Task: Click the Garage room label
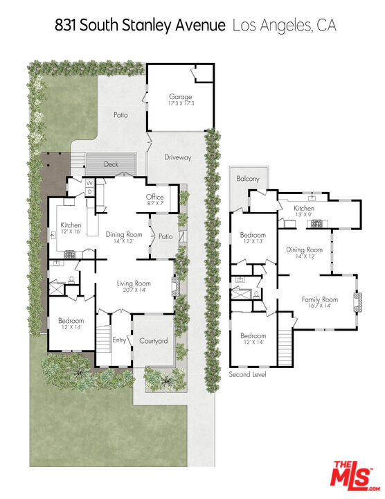180,96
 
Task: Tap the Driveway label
178,157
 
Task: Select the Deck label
111,164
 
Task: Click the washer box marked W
90,183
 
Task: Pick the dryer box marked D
90,192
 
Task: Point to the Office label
155,197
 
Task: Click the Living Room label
134,283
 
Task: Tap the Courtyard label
154,341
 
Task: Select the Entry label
119,340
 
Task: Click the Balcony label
248,179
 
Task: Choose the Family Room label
319,299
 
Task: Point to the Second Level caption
247,374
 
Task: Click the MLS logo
355,475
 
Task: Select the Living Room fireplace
176,286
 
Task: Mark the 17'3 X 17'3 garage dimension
181,103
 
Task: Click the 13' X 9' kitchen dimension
303,214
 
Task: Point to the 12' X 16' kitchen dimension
71,231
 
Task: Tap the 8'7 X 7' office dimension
155,202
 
